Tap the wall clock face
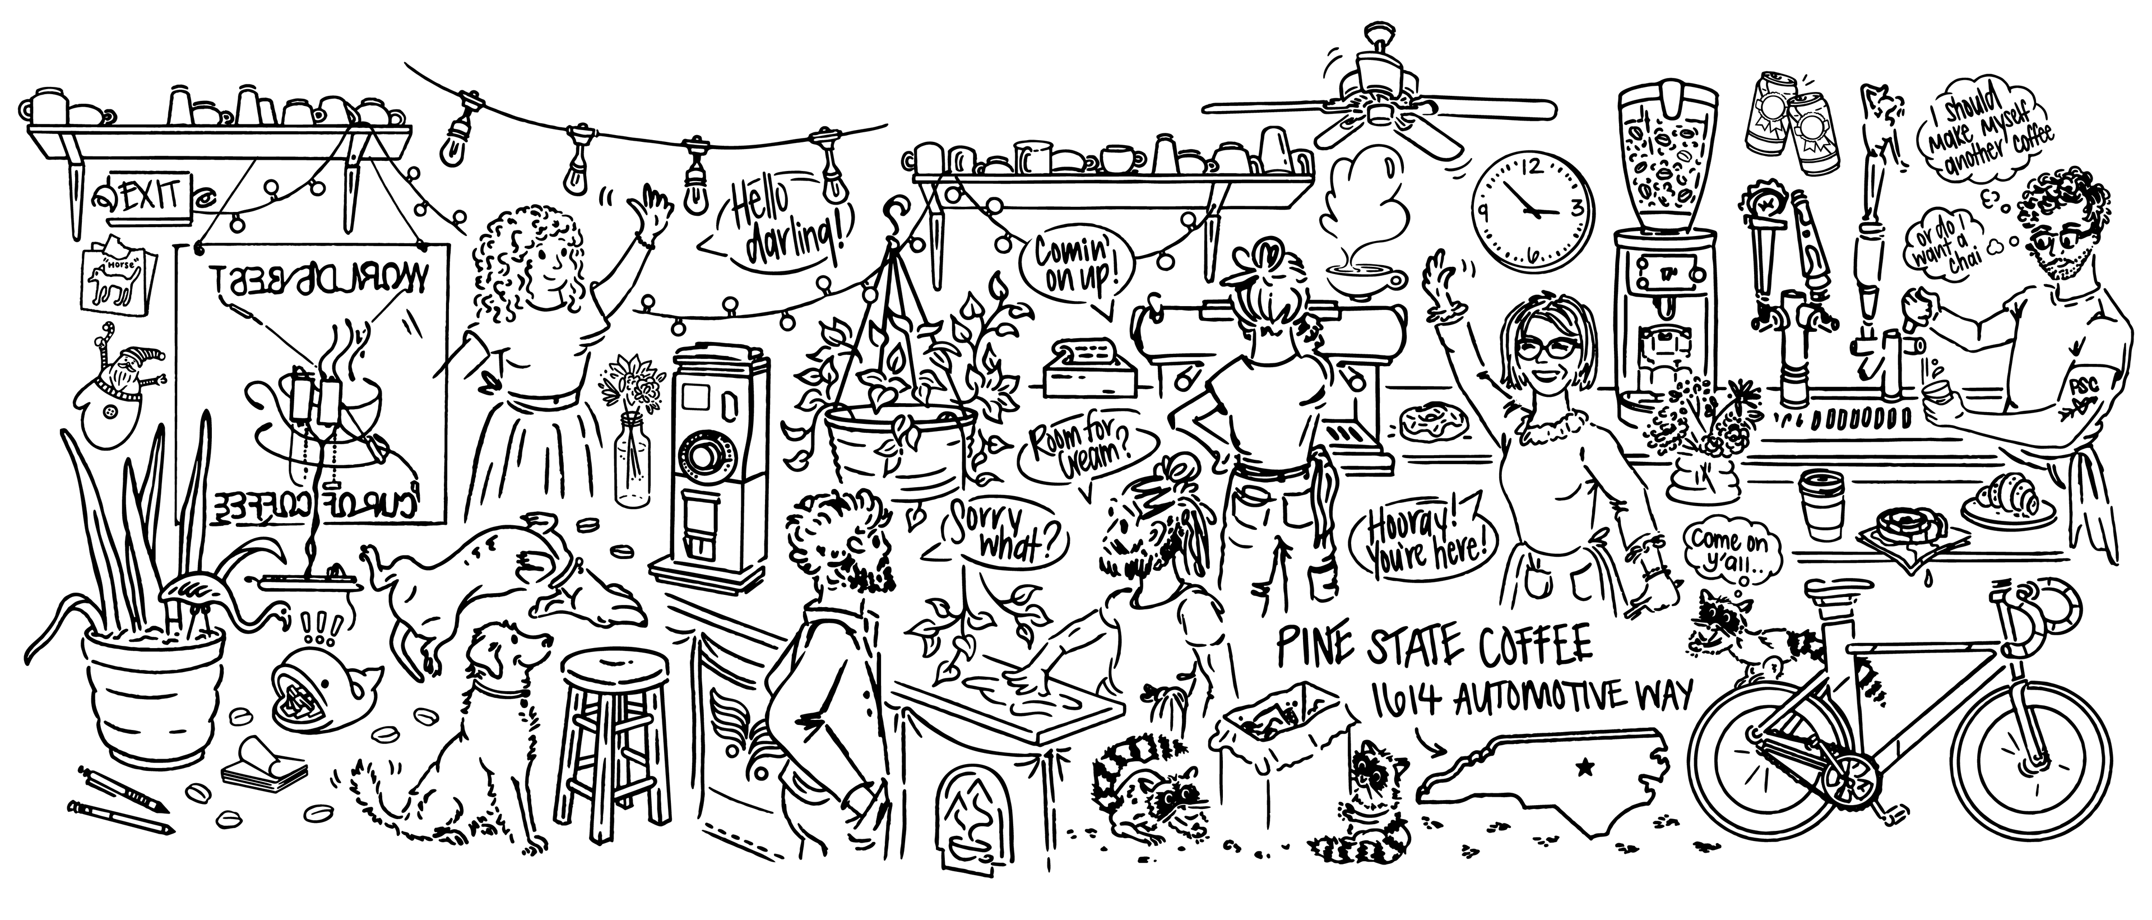[1532, 211]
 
